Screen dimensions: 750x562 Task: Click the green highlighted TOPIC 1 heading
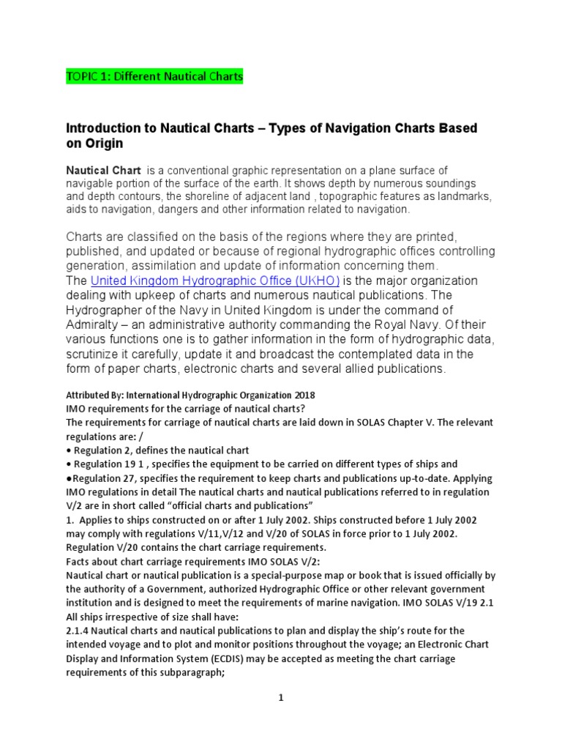(154, 76)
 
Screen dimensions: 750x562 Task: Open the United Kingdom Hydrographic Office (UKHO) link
(215, 281)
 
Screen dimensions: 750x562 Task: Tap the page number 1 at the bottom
(280, 698)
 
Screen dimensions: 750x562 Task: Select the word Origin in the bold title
(103, 144)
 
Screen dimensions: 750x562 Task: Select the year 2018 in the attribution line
(302, 395)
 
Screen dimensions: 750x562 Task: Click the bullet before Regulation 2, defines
(68, 450)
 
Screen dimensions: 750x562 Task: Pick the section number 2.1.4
(78, 631)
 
